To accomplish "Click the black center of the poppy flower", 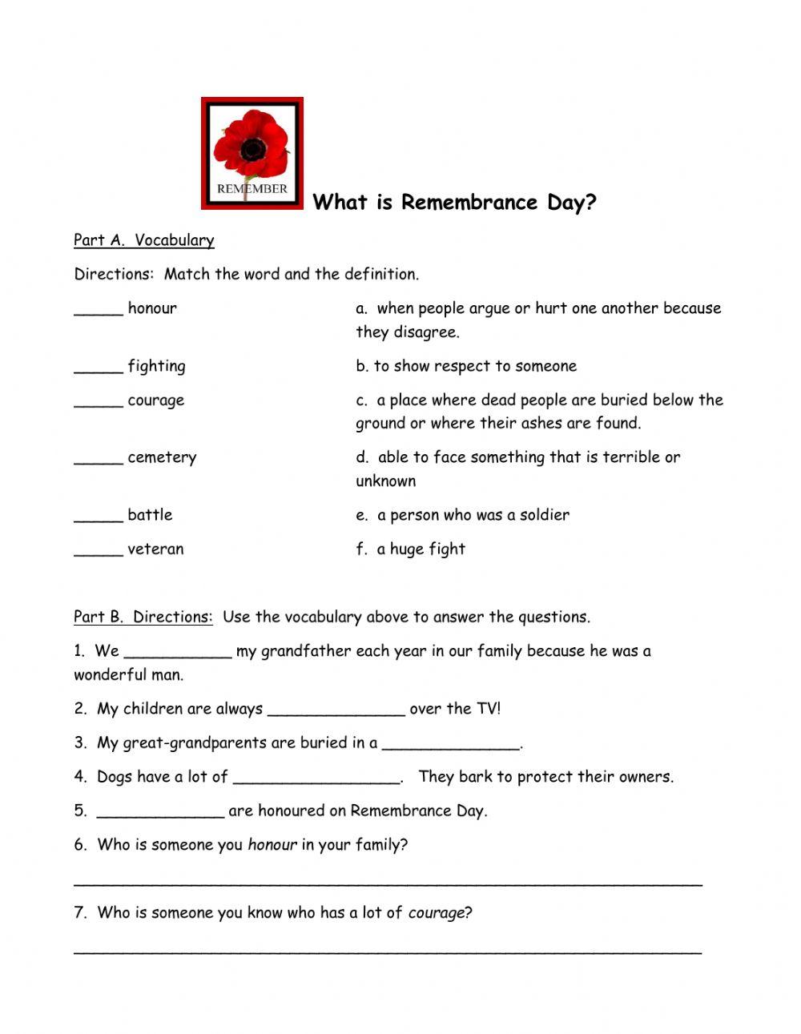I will pos(253,149).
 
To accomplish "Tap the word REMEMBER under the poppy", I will pos(252,189).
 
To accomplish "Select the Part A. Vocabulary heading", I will pos(144,240).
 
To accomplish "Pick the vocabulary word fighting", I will pos(156,367).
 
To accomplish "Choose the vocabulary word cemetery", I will pos(162,458).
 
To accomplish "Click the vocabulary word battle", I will pos(150,515).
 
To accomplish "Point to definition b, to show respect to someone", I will pos(466,366).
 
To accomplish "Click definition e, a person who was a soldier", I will pos(463,515).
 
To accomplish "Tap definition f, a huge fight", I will pos(411,549).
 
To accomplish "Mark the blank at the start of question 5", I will pos(160,814).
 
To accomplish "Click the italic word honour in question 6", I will pos(272,845).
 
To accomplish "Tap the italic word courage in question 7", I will pos(436,913).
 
